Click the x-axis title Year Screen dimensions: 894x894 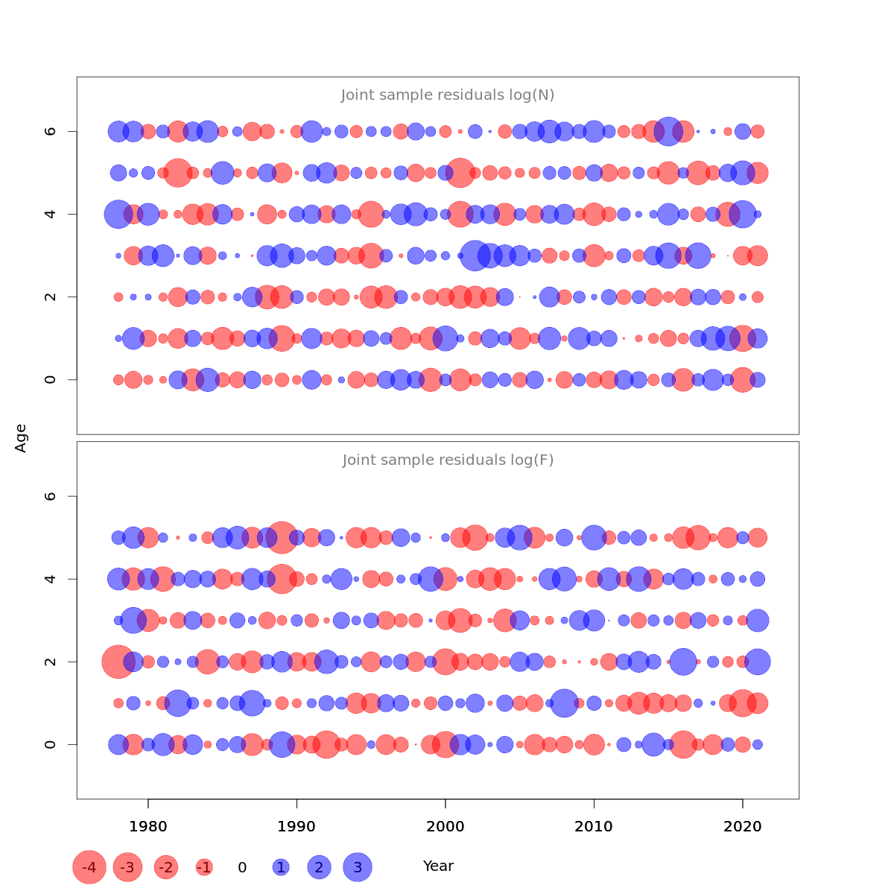(x=438, y=866)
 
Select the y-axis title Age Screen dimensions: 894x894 (x=21, y=438)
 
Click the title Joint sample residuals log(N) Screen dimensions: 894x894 (x=448, y=95)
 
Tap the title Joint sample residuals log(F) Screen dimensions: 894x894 (x=448, y=460)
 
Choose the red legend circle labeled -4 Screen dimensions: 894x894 (x=89, y=867)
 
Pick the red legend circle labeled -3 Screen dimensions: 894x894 (x=128, y=867)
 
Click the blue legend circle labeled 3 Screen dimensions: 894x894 (x=358, y=867)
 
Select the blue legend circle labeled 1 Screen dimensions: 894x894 (x=281, y=867)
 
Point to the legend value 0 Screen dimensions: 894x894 (x=242, y=867)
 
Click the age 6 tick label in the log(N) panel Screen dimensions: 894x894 (x=51, y=131)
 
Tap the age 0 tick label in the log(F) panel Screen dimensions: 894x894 (x=51, y=744)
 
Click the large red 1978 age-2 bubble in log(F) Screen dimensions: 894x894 (x=118, y=662)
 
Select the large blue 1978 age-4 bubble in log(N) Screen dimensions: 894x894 (x=118, y=215)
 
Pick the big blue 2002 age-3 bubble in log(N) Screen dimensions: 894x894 (x=475, y=256)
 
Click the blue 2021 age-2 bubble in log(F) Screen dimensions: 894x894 (x=758, y=662)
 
